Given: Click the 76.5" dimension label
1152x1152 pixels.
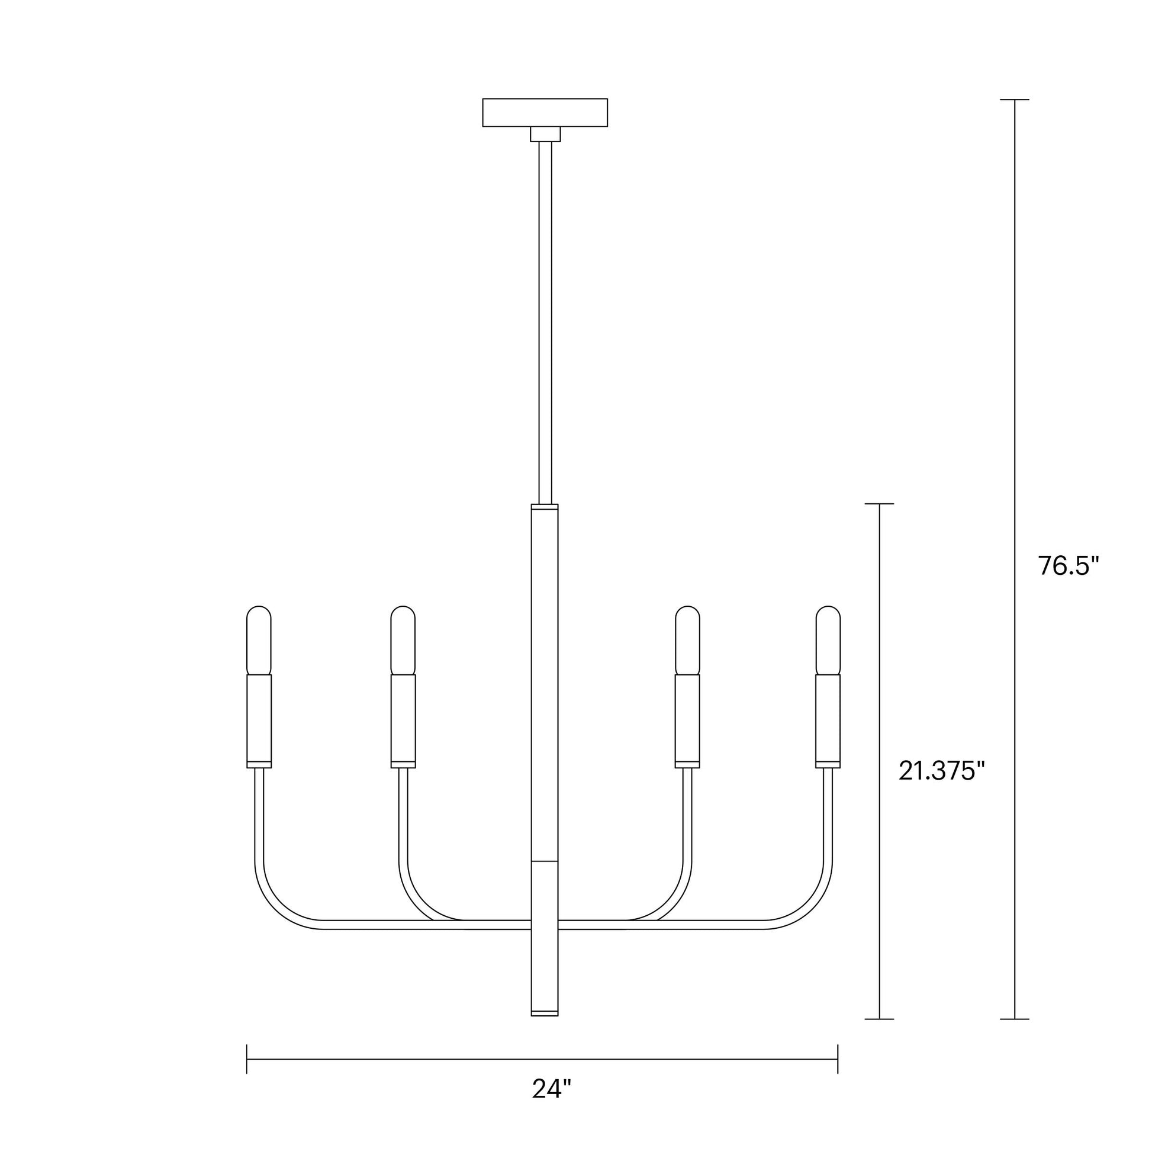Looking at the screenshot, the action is pos(1068,565).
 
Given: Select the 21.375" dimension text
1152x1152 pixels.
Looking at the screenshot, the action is pos(941,771).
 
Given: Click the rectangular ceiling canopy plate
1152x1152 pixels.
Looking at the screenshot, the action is pos(545,112).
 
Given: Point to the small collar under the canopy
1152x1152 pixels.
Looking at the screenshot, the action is pos(546,134).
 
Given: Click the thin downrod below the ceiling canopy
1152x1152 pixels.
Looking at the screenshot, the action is pos(545,323).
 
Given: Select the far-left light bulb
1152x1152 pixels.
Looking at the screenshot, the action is pos(259,640).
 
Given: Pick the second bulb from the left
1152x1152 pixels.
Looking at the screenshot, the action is pos(403,640).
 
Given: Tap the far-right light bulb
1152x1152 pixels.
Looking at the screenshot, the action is pos(828,640).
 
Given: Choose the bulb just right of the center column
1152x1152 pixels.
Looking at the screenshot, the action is pos(687,640).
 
